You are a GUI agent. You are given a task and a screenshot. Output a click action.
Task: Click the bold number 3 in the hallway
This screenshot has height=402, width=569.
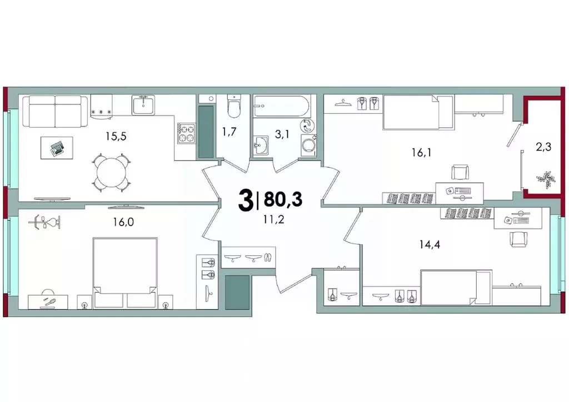click(245, 200)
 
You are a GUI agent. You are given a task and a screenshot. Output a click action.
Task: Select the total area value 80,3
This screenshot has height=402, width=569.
click(283, 199)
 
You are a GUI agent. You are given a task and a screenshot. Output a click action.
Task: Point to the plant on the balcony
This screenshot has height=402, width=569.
click(543, 180)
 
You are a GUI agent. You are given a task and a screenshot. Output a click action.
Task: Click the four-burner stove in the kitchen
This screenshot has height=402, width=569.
click(186, 133)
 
